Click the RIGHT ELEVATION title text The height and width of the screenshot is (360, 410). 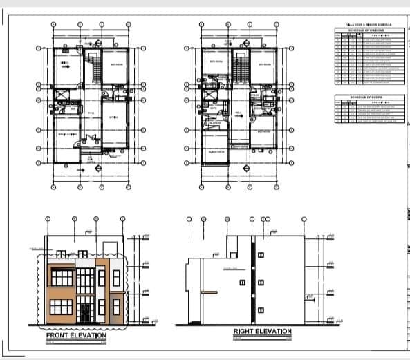262,332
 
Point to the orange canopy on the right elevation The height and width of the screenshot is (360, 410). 207,292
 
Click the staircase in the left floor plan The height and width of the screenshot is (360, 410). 91,69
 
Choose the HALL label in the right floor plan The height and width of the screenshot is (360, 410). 237,113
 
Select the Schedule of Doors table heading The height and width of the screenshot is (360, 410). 369,97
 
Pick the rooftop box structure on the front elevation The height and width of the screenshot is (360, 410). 109,247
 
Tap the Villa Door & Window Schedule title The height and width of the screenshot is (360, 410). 369,24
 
